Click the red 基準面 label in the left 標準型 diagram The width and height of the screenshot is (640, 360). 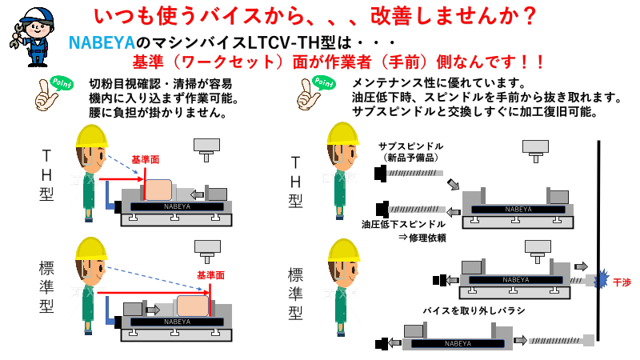(x=210, y=274)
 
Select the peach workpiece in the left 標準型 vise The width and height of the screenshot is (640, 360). (x=193, y=307)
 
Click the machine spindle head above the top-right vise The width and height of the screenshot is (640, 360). (x=535, y=147)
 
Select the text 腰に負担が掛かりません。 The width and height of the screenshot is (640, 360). (x=155, y=113)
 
